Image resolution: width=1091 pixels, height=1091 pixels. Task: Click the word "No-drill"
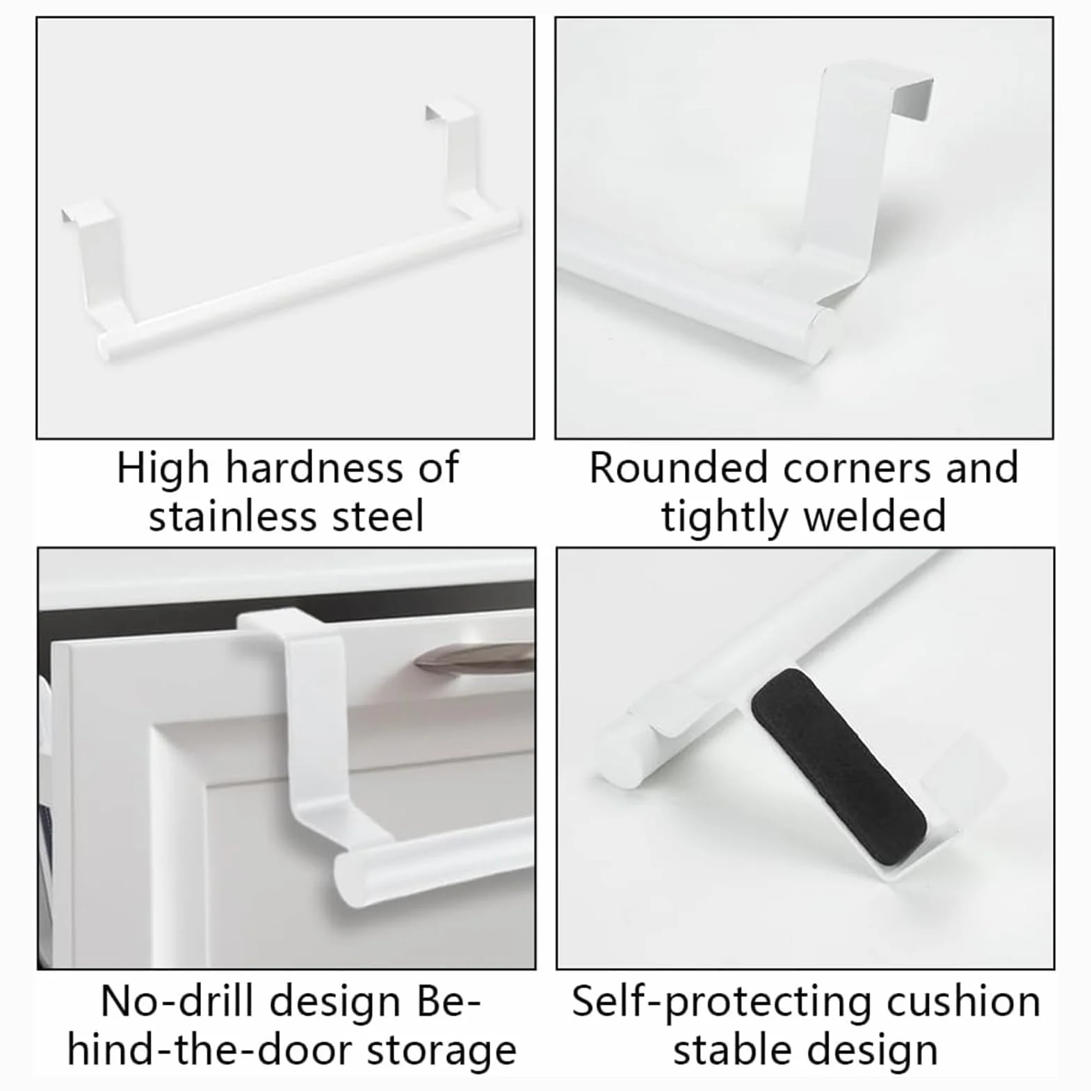(x=177, y=1002)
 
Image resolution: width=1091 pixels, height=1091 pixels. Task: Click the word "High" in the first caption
(x=163, y=469)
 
